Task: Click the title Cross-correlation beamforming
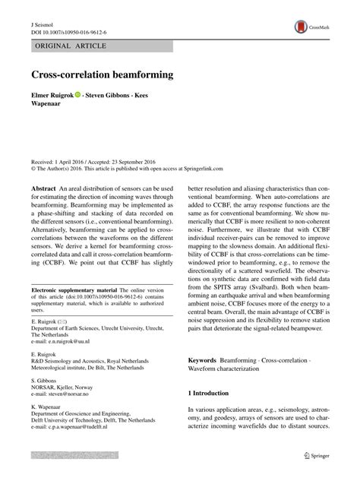pyautogui.click(x=102, y=76)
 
